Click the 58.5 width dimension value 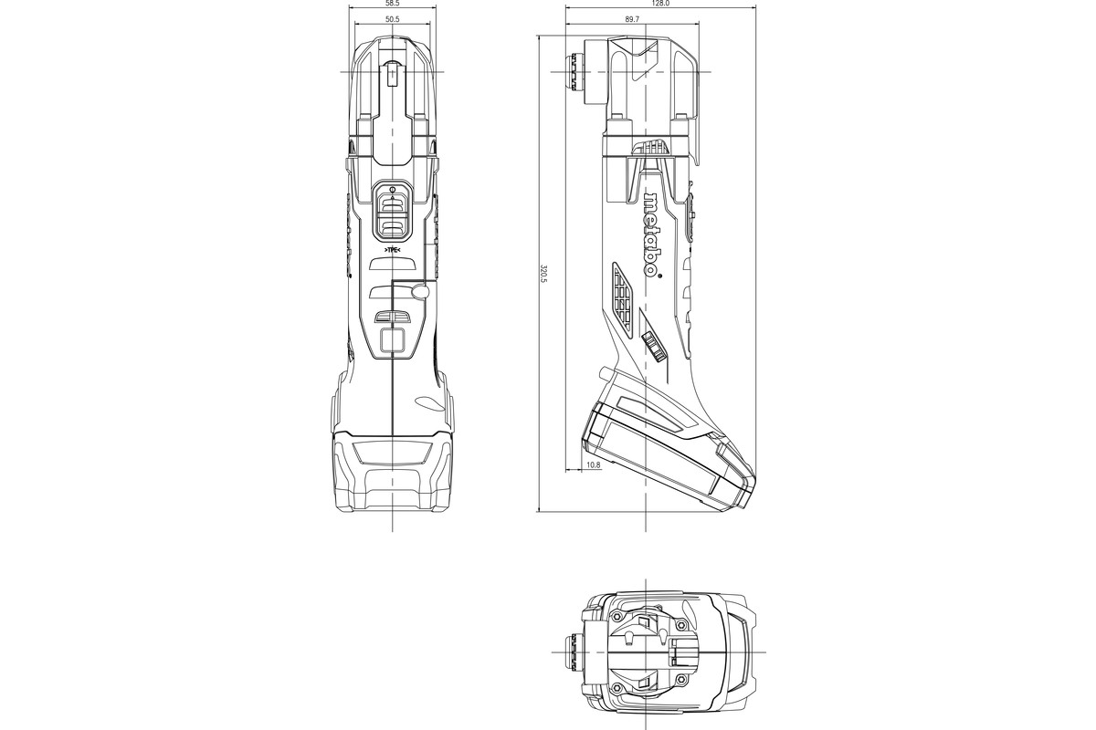(392, 5)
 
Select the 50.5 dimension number (392, 19)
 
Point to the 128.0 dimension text (661, 5)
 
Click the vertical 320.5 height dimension (543, 273)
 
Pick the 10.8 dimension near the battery (593, 466)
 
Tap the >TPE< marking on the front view (392, 248)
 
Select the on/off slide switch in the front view (392, 210)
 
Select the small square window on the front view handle (393, 341)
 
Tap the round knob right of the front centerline (419, 291)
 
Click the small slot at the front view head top (393, 72)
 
